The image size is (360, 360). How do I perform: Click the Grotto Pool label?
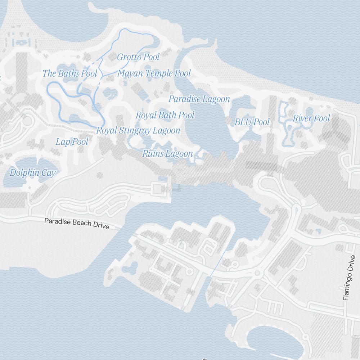pyautogui.click(x=138, y=57)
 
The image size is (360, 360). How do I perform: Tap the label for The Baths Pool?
pyautogui.click(x=70, y=74)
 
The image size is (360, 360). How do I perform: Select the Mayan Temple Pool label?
pyautogui.click(x=154, y=74)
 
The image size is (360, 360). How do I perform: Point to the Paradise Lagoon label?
pyautogui.click(x=199, y=99)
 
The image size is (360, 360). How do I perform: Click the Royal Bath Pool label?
pyautogui.click(x=165, y=115)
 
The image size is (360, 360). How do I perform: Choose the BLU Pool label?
pyautogui.click(x=252, y=122)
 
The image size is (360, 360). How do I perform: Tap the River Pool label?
pyautogui.click(x=311, y=118)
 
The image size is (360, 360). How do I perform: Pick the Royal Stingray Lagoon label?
pyautogui.click(x=138, y=131)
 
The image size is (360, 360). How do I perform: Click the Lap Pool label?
pyautogui.click(x=72, y=142)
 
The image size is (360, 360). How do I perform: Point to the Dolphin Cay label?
pyautogui.click(x=32, y=173)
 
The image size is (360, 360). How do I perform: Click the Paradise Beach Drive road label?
pyautogui.click(x=77, y=224)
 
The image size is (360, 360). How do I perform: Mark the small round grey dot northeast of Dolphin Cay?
pyautogui.click(x=100, y=175)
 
